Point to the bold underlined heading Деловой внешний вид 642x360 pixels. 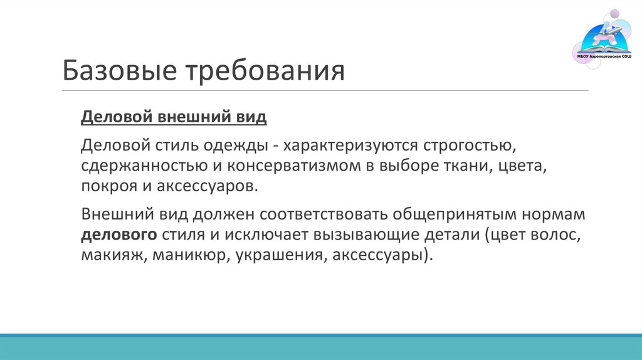(x=174, y=117)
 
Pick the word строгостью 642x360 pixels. (x=469, y=146)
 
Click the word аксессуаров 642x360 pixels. (x=216, y=186)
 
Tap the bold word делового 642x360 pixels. (x=118, y=235)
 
